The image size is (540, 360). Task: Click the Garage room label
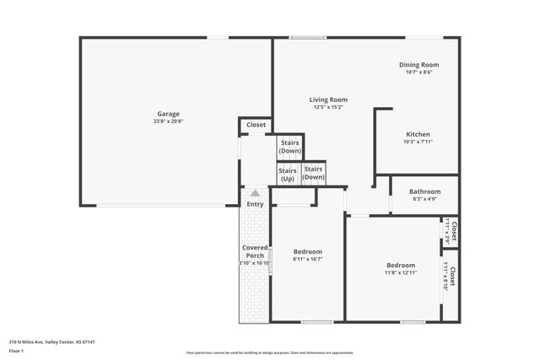point(168,114)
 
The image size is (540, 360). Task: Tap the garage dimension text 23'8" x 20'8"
point(168,121)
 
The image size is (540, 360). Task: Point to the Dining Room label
point(418,65)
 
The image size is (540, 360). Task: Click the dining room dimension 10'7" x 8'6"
point(418,73)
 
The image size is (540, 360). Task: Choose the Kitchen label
point(418,134)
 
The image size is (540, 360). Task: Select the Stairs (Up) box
point(288,175)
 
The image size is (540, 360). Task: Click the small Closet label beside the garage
point(256,125)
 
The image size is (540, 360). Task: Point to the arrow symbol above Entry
point(255,193)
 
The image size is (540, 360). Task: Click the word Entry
point(255,204)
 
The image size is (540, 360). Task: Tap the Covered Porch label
point(255,251)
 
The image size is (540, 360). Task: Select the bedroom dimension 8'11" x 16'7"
point(307,260)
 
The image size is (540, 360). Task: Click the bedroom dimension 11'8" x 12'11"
point(401,272)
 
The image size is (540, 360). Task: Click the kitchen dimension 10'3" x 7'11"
point(418,142)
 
